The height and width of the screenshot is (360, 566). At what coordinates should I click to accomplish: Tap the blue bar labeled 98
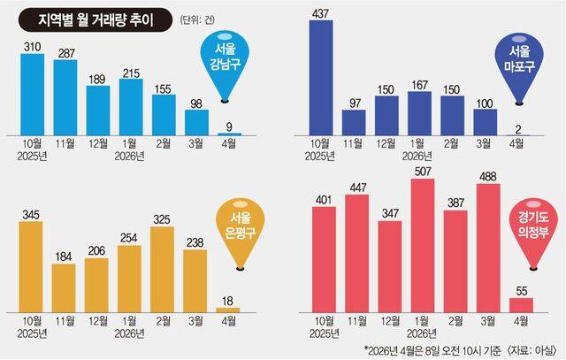click(195, 121)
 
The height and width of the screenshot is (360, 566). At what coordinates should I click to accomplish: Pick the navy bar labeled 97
click(355, 122)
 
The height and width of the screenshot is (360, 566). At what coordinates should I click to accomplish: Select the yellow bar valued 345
click(31, 264)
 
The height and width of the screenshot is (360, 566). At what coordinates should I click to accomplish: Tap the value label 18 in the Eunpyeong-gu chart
click(228, 298)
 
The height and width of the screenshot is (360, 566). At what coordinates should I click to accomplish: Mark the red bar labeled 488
click(487, 247)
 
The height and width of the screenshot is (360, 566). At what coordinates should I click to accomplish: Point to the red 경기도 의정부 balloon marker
click(532, 229)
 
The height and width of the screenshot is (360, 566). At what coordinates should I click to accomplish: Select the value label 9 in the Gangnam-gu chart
click(228, 126)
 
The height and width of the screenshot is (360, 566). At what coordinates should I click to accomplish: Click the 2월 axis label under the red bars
click(455, 319)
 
